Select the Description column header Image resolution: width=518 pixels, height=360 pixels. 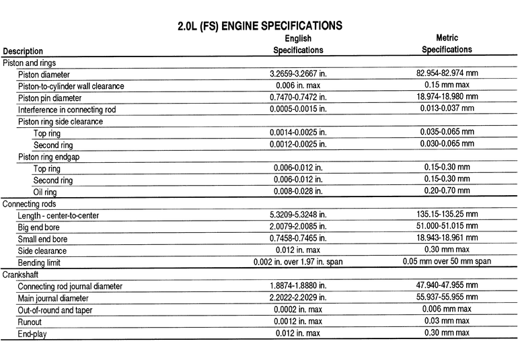(x=24, y=51)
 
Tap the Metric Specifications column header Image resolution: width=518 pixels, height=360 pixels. (x=447, y=44)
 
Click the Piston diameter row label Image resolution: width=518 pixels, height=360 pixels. (x=43, y=74)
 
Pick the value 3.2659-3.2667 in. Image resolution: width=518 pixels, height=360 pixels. (x=298, y=73)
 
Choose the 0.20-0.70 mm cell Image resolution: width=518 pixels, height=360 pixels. (x=447, y=191)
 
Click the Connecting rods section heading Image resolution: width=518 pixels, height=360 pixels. (x=30, y=203)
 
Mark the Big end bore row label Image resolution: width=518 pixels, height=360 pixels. (x=44, y=227)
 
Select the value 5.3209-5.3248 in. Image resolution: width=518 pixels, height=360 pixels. (x=298, y=215)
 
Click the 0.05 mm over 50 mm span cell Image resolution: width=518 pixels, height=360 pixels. (x=447, y=261)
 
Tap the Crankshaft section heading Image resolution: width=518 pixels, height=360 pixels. (x=22, y=274)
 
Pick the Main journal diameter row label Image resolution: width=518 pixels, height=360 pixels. (x=53, y=297)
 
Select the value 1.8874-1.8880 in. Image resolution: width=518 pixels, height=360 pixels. (x=298, y=285)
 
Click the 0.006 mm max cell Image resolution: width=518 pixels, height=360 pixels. (x=447, y=309)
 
